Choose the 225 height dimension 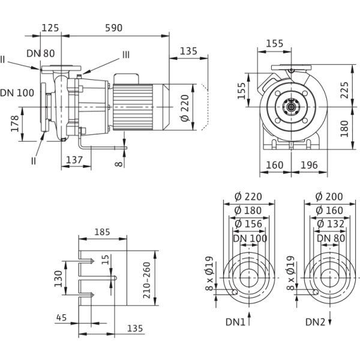tap(345, 89)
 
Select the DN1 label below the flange tap(234, 323)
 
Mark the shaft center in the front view tap(292, 109)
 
